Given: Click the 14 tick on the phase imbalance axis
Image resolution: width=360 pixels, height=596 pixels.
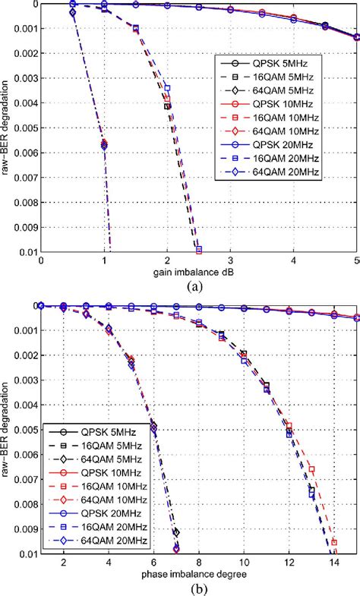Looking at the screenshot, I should [x=333, y=563].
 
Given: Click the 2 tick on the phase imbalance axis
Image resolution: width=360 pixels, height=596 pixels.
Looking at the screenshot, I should [x=64, y=563].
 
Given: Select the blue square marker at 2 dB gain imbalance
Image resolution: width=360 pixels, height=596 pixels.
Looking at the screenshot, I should [x=168, y=89].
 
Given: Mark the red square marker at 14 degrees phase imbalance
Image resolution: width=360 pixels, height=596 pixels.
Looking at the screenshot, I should [x=333, y=542].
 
